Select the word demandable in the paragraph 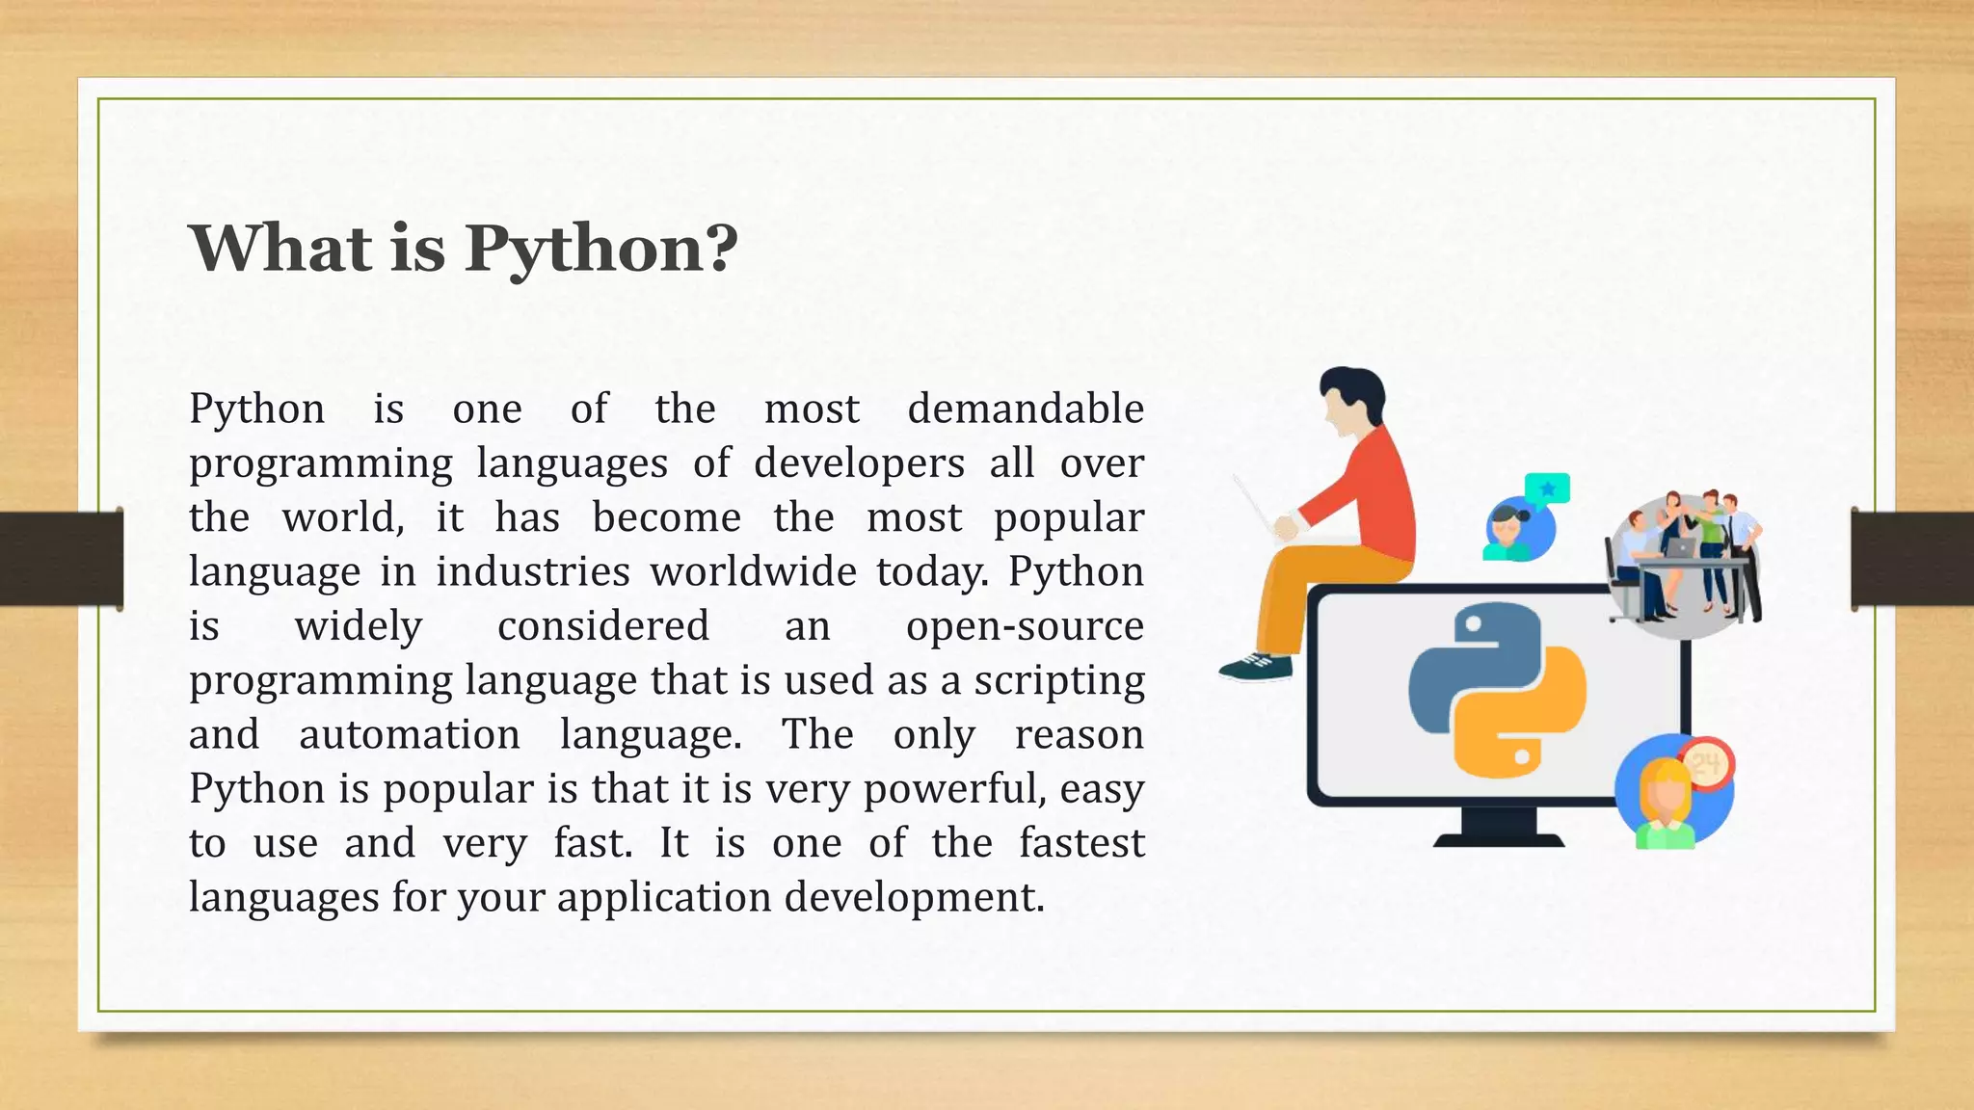pos(1026,409)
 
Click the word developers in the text pos(859,463)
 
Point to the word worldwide pos(753,572)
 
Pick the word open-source pos(1025,627)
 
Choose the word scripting pos(1058,681)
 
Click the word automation pos(410,735)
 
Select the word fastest pos(1081,843)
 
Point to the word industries pos(533,572)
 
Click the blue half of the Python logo pos(1455,665)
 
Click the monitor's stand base pos(1499,838)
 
